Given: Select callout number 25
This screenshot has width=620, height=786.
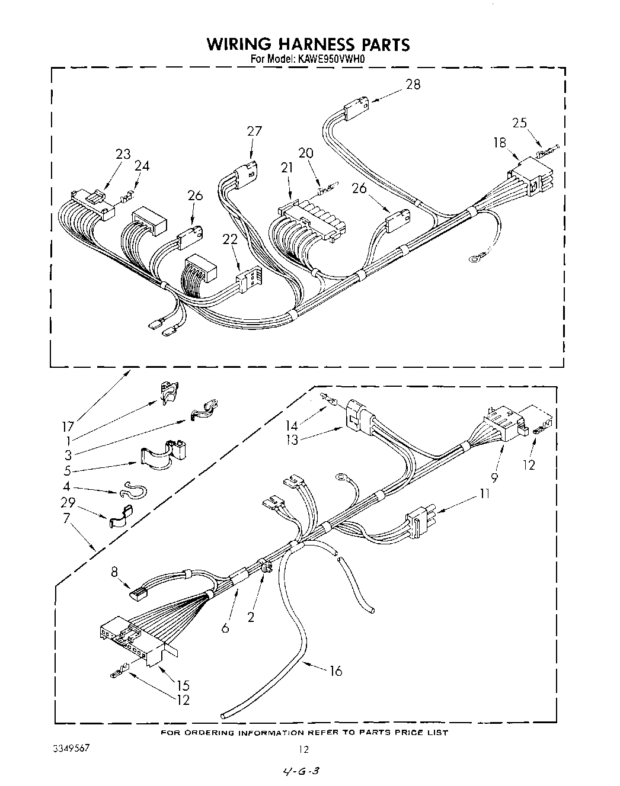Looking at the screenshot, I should [519, 123].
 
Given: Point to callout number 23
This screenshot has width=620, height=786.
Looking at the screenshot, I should [123, 154].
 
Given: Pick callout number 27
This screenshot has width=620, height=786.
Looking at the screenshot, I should [254, 131].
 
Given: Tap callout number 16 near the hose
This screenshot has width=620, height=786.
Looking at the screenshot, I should [335, 671].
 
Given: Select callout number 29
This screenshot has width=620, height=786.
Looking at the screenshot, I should [68, 502].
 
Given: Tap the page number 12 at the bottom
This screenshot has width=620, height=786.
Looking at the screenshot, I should [303, 749].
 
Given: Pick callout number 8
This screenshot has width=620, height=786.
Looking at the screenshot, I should [114, 572].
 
